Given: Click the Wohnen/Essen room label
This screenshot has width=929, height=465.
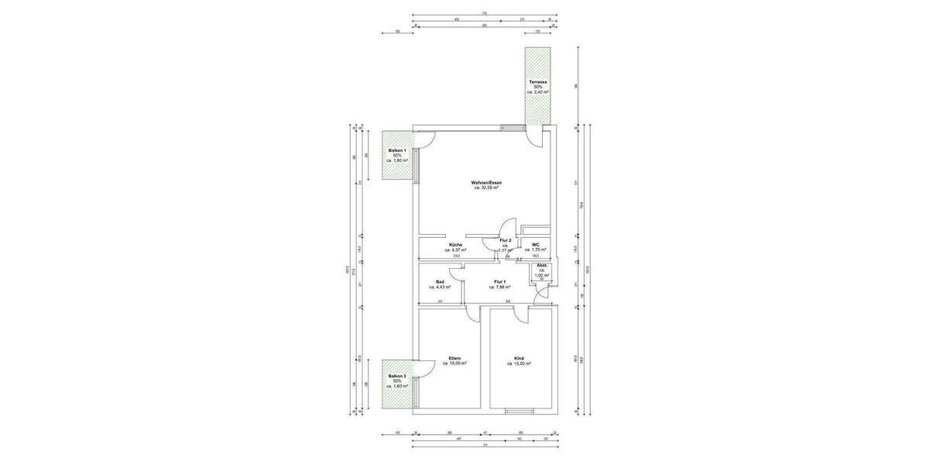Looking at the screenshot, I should (487, 182).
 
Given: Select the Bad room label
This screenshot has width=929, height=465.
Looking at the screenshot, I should (440, 281).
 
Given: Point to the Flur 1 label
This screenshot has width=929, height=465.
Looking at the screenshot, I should (499, 281).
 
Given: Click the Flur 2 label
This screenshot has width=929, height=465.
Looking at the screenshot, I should (506, 240).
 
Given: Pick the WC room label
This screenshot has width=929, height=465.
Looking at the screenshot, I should (535, 244).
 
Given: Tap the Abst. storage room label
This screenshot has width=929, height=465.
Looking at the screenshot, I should (541, 266).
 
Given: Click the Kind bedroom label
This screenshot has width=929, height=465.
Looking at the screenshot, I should (518, 358).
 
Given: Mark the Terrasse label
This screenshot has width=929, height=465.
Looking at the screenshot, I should (538, 81).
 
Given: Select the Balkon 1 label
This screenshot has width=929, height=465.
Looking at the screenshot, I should (396, 150).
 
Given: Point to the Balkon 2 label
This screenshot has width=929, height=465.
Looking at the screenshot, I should (396, 376).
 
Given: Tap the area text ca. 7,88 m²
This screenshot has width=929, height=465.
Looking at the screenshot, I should (499, 287).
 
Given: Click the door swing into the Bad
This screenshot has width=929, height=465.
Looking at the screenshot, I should (456, 272).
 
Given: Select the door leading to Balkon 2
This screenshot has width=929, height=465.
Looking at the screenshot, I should (426, 369).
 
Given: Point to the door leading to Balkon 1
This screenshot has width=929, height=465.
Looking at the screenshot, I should (426, 140).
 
